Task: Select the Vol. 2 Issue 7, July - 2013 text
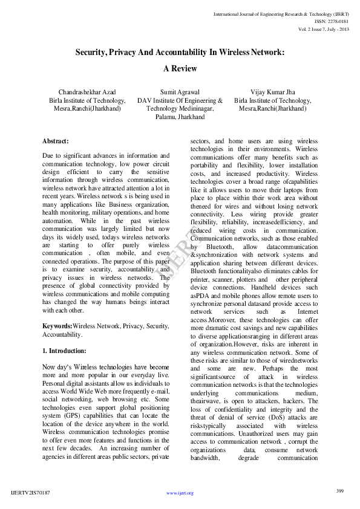(324, 29)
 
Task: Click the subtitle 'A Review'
(180, 69)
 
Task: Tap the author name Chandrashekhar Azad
(87, 92)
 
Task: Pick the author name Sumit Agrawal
(180, 92)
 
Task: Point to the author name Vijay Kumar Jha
(272, 92)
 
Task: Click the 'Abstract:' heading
(56, 141)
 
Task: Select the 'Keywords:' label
(57, 326)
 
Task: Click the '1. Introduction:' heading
(64, 351)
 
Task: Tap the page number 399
(339, 490)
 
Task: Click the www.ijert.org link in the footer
(180, 493)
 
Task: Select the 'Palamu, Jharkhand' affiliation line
(180, 117)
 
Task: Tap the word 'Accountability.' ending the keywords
(63, 334)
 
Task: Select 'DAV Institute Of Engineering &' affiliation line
(180, 100)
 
